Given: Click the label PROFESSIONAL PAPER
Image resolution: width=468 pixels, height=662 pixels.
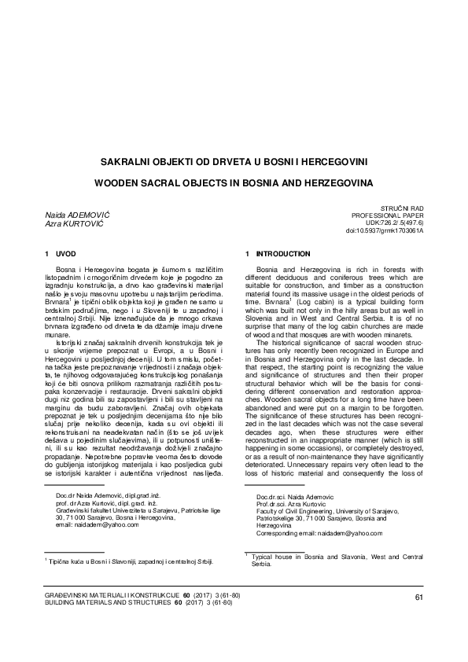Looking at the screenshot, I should coord(387,214).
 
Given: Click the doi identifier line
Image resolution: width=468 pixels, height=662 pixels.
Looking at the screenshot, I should coord(385,231).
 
